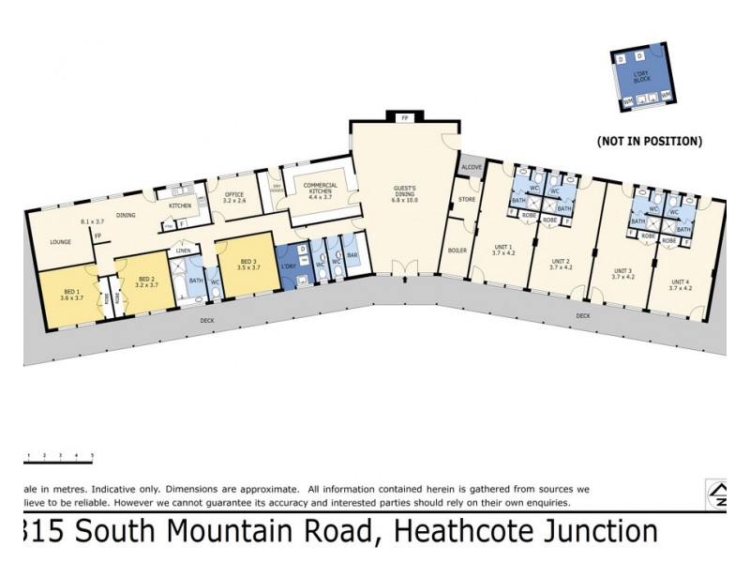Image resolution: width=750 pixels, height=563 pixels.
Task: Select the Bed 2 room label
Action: pyautogui.click(x=145, y=280)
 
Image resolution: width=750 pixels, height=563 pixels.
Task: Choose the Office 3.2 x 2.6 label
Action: pyautogui.click(x=233, y=198)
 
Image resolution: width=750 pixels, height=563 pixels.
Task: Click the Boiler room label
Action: pyautogui.click(x=457, y=251)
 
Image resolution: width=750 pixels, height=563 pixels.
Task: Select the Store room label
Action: pyautogui.click(x=465, y=200)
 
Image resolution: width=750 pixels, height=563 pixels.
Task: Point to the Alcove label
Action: pyautogui.click(x=470, y=167)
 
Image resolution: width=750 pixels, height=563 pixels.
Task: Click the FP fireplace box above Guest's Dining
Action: pyautogui.click(x=405, y=119)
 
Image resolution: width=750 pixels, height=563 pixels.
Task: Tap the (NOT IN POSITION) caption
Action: pyautogui.click(x=650, y=142)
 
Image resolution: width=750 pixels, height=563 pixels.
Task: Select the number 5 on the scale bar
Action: pyautogui.click(x=92, y=455)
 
